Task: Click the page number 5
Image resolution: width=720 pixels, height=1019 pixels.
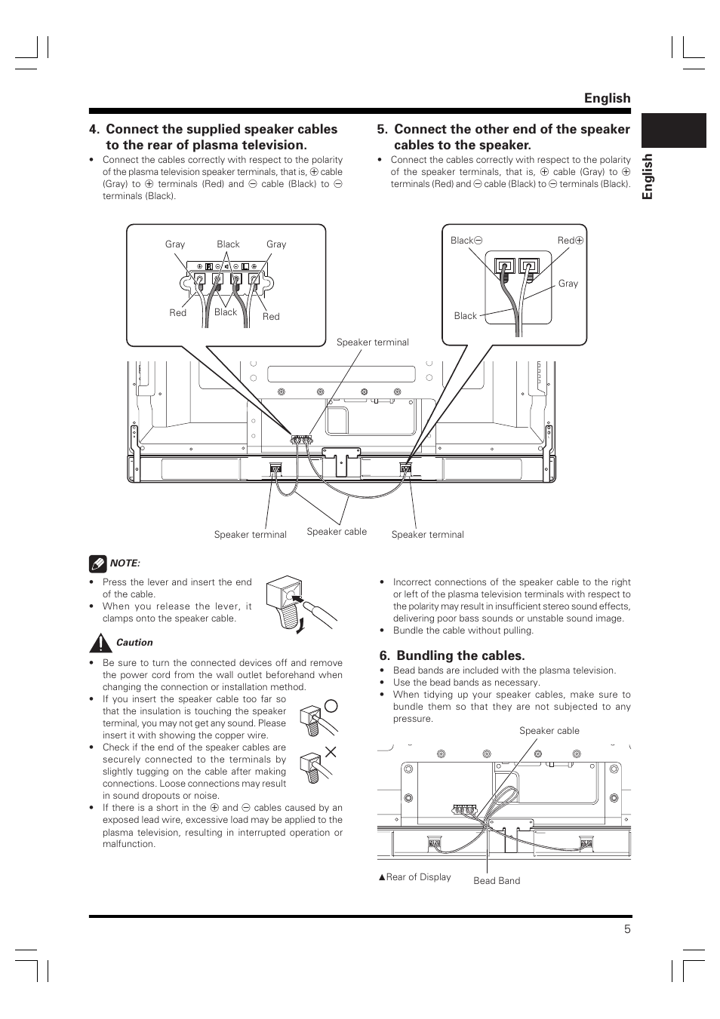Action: (627, 929)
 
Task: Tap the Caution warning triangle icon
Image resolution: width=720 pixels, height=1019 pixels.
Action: (100, 643)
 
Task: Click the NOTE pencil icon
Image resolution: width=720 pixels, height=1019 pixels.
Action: (98, 563)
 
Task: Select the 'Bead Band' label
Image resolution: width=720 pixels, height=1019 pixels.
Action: (497, 881)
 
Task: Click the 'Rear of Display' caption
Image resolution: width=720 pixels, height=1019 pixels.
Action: (414, 877)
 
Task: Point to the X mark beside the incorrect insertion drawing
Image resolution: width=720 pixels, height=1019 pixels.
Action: (331, 752)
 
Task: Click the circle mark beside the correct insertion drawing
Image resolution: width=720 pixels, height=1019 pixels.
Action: (332, 705)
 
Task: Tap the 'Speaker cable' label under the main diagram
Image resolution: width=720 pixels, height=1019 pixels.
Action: (337, 531)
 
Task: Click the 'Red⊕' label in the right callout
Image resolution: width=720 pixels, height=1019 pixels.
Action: (571, 240)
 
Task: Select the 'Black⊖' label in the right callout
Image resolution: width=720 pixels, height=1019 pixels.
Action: (466, 240)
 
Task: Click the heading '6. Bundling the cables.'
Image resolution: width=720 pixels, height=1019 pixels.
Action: (452, 655)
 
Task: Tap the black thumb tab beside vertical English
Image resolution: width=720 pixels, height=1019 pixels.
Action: (673, 130)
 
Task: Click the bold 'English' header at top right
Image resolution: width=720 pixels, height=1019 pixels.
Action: (607, 98)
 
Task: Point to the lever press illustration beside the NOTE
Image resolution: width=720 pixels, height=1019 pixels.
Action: (301, 606)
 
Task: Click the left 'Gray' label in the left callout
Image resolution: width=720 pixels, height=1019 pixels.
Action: (175, 244)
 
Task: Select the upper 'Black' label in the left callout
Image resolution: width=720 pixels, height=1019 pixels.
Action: (228, 244)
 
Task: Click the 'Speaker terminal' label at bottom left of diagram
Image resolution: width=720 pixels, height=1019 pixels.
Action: (251, 535)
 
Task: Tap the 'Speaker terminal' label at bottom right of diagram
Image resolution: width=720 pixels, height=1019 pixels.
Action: (427, 535)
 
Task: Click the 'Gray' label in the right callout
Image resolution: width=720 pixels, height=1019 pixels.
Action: (568, 284)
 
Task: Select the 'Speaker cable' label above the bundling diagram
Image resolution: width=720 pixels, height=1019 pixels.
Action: (549, 731)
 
